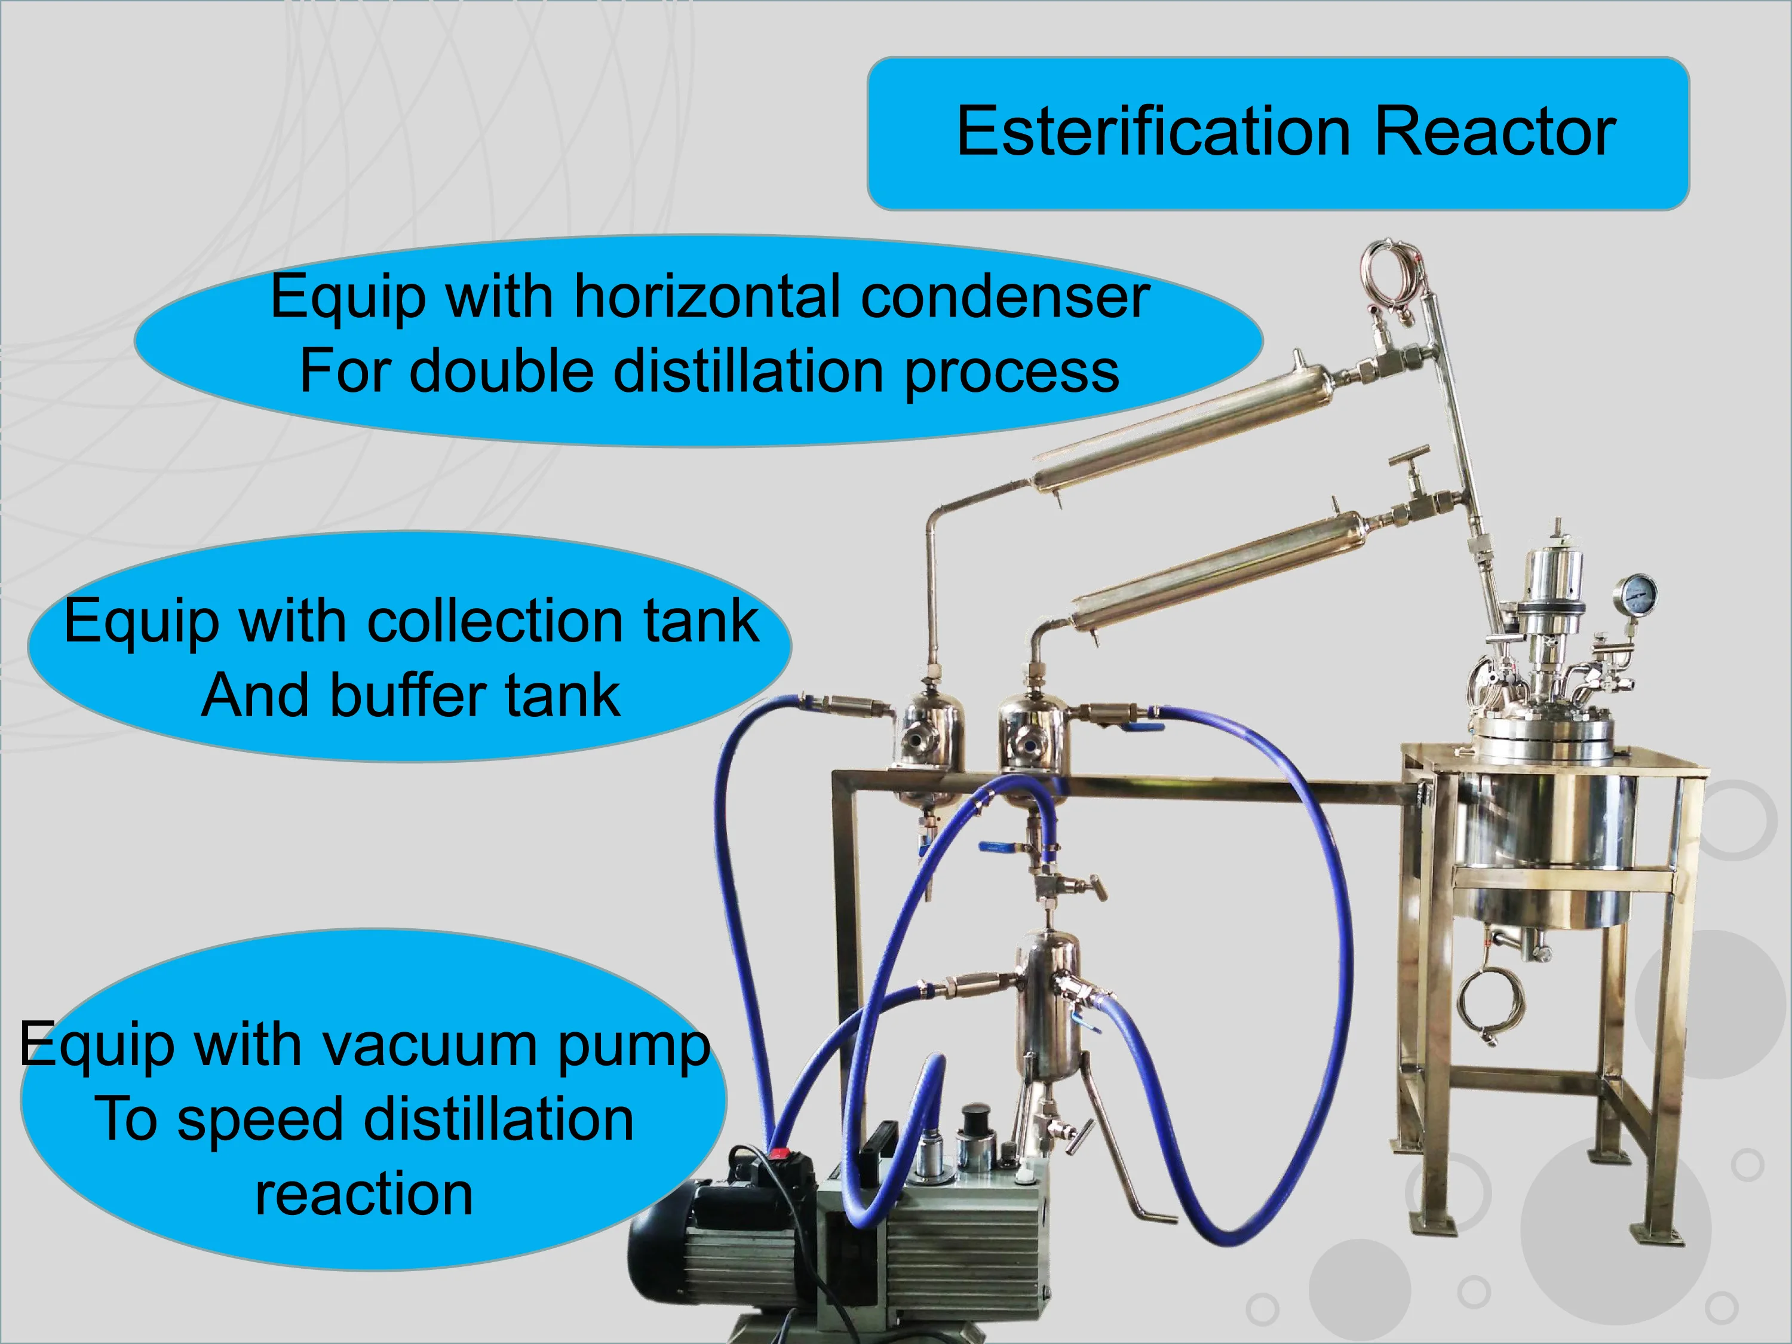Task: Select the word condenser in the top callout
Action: coord(1005,297)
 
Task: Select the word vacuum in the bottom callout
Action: coord(429,1046)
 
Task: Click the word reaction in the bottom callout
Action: coord(364,1194)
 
